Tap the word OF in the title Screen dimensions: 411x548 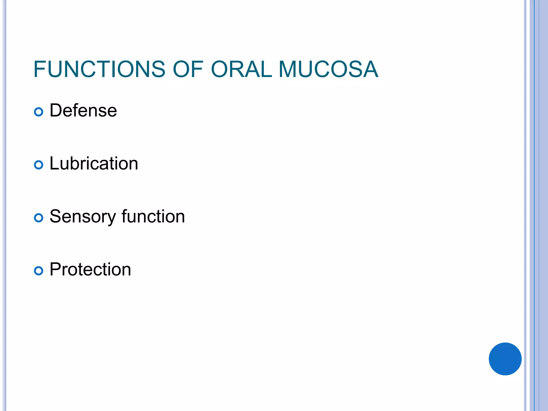pos(188,69)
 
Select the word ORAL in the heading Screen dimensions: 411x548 pos(241,69)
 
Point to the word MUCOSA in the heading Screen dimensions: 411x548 pos(328,69)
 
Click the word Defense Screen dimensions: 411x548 pos(83,111)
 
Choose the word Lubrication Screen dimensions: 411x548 pos(94,163)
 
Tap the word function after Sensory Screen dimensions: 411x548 pos(153,216)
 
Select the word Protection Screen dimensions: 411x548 pos(90,269)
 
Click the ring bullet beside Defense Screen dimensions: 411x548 pos(39,112)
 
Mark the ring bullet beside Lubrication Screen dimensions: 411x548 pos(39,165)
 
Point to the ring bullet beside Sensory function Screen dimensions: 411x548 pos(39,218)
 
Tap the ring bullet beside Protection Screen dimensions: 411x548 pos(39,271)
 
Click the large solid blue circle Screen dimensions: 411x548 pos(505,359)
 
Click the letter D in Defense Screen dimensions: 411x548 pos(56,111)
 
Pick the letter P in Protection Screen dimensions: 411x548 pos(55,269)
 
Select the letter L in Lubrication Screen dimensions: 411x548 pos(54,163)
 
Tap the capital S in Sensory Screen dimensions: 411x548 pos(56,216)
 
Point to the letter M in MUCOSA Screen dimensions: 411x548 pos(288,69)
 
